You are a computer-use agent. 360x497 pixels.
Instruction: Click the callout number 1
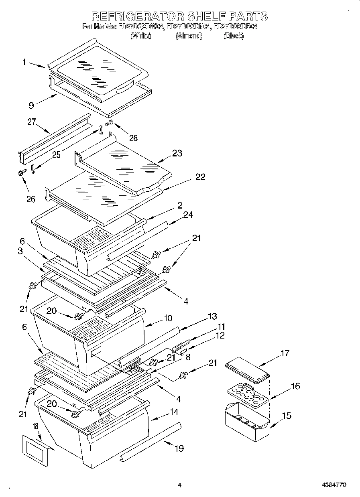(24, 62)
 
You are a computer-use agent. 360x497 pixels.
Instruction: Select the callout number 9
(31, 105)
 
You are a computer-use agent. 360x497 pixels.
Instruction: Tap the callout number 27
(32, 122)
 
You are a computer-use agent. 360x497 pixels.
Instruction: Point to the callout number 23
(177, 153)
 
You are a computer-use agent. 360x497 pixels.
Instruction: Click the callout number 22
(200, 177)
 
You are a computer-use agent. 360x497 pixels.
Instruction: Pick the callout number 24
(188, 215)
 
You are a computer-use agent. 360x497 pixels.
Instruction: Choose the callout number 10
(167, 318)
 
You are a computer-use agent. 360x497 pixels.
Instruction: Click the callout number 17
(284, 353)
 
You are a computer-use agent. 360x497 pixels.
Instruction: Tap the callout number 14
(174, 412)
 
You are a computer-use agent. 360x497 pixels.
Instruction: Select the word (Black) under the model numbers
(233, 36)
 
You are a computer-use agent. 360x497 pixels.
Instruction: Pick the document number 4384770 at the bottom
(334, 485)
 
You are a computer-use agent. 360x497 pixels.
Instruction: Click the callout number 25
(56, 155)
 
